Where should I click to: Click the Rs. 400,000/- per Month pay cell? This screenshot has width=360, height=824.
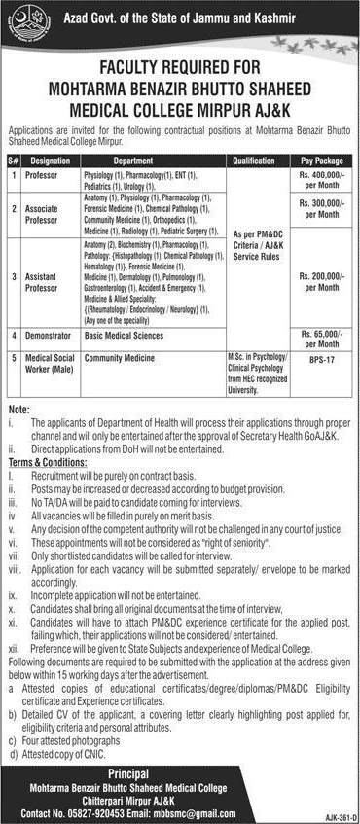click(320, 179)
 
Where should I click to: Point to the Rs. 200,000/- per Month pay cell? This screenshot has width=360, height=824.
click(320, 282)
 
